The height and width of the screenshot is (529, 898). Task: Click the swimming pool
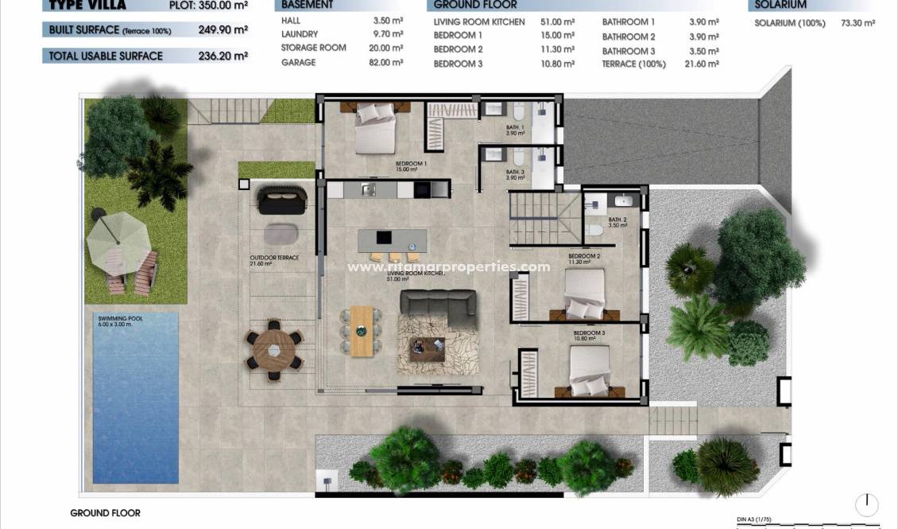[135, 397]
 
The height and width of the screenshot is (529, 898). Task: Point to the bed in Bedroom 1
[374, 126]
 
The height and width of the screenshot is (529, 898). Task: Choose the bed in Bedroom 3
[589, 371]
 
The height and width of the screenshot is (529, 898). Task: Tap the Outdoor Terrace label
[273, 258]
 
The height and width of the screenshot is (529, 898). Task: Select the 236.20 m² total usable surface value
[223, 56]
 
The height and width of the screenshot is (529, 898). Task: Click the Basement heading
[307, 5]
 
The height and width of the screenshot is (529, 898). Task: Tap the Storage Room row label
[313, 48]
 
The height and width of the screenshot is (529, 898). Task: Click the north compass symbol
[867, 504]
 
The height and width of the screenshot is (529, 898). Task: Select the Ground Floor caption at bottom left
[105, 513]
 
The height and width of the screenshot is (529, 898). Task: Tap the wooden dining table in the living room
[361, 331]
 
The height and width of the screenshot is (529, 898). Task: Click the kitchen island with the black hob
[392, 238]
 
